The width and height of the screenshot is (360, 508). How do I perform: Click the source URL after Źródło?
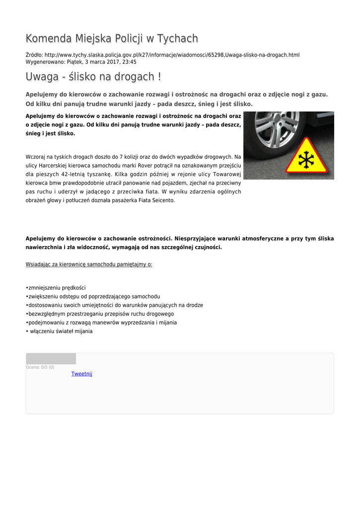172,55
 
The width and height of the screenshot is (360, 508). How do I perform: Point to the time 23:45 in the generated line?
129,62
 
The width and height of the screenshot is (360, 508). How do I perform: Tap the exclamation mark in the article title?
159,77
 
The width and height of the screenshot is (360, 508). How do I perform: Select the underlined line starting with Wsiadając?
89,264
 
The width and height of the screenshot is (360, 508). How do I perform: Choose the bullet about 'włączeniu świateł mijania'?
61,331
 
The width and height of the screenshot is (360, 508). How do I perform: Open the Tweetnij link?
82,374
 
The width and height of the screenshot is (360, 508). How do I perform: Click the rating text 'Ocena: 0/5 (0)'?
40,368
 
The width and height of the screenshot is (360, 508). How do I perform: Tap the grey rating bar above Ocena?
51,359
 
